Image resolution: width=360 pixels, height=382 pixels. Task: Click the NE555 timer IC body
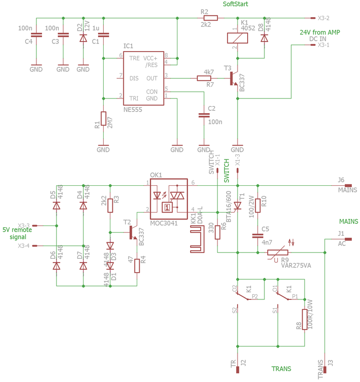click(x=143, y=78)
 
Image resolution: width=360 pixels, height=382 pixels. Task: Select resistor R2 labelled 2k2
click(x=210, y=18)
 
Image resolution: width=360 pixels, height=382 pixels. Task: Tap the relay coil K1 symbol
click(x=237, y=38)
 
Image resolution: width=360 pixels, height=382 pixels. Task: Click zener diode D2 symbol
click(x=83, y=38)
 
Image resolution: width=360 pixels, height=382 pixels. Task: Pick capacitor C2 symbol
click(x=204, y=115)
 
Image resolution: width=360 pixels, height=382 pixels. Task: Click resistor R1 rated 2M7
click(x=103, y=118)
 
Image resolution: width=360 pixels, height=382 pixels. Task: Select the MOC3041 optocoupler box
click(x=169, y=199)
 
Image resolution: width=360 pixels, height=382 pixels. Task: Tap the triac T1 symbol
click(x=237, y=206)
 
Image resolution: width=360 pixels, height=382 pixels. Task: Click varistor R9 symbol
click(x=278, y=253)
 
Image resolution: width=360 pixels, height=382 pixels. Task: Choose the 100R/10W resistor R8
click(x=305, y=319)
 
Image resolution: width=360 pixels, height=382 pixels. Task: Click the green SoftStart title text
click(x=235, y=4)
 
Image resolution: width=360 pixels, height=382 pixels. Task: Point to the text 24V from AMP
click(x=320, y=32)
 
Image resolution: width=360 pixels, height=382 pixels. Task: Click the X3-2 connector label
click(x=323, y=18)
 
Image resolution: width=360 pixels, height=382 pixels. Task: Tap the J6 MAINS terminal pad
click(x=349, y=186)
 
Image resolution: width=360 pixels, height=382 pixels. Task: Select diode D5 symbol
click(x=56, y=206)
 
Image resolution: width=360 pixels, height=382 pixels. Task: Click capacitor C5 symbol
click(x=258, y=235)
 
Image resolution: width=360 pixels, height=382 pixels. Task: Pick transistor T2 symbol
click(x=133, y=233)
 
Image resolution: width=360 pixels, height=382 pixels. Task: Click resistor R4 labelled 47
click(x=137, y=266)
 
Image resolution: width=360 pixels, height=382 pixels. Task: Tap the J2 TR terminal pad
click(x=238, y=370)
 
